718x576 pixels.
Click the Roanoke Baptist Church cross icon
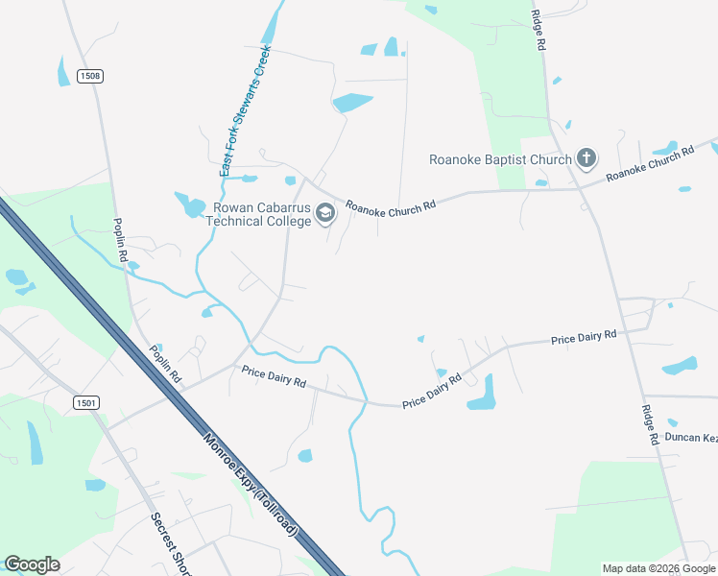(x=586, y=158)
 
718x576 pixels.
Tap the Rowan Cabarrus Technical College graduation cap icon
(x=325, y=213)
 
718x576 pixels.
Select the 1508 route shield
(x=90, y=76)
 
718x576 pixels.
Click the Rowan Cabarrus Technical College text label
(x=260, y=214)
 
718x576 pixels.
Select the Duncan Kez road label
(x=691, y=437)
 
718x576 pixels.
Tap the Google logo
(x=32, y=564)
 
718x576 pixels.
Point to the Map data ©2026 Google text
(x=658, y=568)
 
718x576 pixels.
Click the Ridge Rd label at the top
(x=539, y=31)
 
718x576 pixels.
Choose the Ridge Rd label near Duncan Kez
(x=650, y=423)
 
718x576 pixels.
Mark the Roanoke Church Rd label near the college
(x=391, y=205)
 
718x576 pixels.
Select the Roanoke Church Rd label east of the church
(x=650, y=163)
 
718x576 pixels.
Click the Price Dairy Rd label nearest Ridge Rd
(x=584, y=338)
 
